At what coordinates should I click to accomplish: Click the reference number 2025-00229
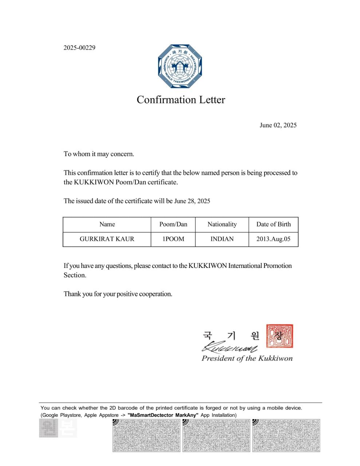coord(79,48)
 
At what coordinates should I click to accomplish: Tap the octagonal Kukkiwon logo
coord(180,66)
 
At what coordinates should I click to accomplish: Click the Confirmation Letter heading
coord(181,100)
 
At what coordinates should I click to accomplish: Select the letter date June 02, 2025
coord(278,125)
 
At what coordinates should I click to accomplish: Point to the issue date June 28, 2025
coord(192,201)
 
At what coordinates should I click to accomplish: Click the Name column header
coord(107,224)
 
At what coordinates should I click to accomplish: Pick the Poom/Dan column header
coord(173,224)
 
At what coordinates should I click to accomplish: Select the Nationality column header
coord(222,224)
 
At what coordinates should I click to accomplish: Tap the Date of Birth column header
coord(273,224)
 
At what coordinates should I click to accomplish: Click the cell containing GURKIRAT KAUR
coord(107,239)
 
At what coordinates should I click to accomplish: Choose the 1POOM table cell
coord(173,239)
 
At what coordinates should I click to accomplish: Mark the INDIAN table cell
coord(222,239)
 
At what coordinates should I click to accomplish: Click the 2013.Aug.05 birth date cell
coord(273,239)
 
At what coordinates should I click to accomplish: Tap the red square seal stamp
coord(279,336)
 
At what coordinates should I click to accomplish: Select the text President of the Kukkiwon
coord(247,358)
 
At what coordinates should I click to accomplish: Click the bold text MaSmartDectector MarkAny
coord(163,415)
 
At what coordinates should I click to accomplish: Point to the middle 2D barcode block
coord(216,435)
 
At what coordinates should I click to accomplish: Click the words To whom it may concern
coord(99,154)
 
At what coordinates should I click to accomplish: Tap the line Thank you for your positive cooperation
coord(118,294)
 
